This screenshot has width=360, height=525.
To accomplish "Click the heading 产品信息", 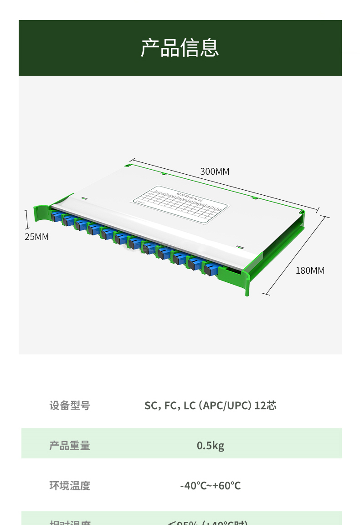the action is point(180,48).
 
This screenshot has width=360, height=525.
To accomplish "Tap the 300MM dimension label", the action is point(215,172).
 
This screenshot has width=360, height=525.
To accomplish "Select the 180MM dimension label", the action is point(310,270).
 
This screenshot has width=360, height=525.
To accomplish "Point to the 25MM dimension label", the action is point(36,237).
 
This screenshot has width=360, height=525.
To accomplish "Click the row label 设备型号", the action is point(70,405).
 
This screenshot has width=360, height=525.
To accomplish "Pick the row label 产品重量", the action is point(70,445).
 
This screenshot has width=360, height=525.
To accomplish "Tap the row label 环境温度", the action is point(70,485).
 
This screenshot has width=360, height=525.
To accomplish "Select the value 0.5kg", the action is point(211,445).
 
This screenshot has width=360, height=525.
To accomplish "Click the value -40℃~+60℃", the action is point(210,485).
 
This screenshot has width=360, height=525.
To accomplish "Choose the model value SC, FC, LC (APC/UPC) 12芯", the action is point(210,405).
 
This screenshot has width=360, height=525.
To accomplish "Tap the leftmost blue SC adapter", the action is point(57,216).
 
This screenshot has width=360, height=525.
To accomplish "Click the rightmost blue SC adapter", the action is point(210,269).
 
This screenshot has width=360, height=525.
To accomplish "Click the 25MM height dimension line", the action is point(27,218).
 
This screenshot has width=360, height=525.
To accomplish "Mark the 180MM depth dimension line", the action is point(296,255).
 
